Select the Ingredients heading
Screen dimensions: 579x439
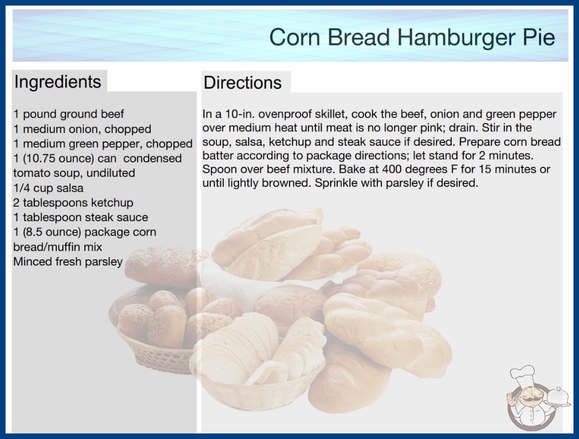tap(58, 82)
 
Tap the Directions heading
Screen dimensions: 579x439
tap(242, 83)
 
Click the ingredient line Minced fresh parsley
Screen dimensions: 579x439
tap(68, 262)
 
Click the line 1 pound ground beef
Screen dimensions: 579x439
tap(69, 114)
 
